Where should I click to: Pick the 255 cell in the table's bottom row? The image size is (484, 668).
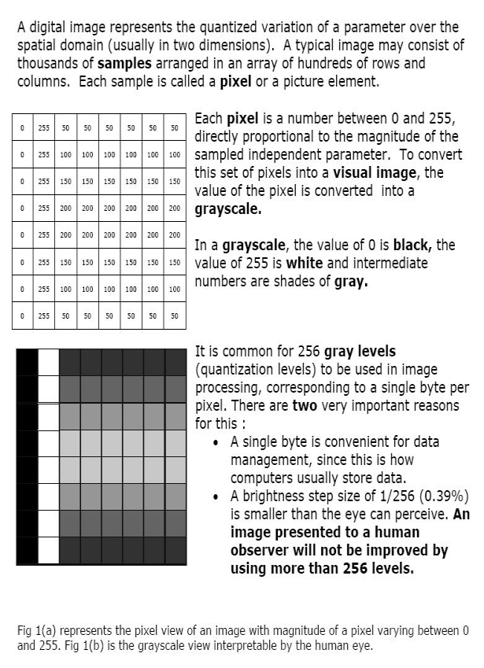[44, 316]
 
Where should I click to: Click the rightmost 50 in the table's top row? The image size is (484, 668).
[175, 127]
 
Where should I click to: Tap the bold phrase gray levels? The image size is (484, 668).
[360, 351]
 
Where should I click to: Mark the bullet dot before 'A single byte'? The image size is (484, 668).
[216, 442]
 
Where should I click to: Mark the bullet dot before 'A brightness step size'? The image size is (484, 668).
[216, 497]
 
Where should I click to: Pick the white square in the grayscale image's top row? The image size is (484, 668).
[49, 362]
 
